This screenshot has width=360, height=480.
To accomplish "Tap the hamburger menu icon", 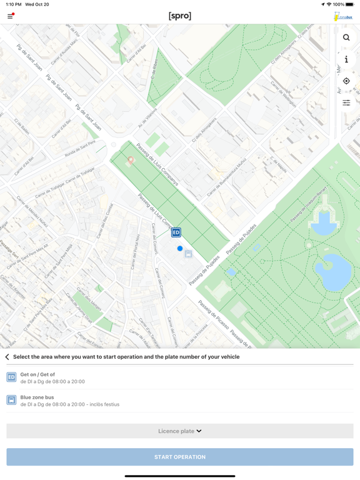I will click(x=10, y=16).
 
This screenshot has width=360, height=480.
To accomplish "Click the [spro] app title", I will click(x=180, y=16).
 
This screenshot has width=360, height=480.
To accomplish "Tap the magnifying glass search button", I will click(x=346, y=37).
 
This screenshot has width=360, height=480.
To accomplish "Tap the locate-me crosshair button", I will click(x=346, y=81).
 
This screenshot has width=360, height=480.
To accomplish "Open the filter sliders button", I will click(x=346, y=102).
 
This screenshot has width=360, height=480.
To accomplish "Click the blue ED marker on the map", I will click(x=176, y=232).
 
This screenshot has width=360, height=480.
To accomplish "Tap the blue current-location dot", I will click(x=180, y=249).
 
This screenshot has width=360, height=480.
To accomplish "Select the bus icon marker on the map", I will click(x=188, y=254).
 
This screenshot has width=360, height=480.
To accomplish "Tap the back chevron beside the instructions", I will click(x=7, y=357).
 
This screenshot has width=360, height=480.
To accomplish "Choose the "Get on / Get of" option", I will click(x=37, y=377).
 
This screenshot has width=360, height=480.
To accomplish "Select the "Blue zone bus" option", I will click(x=37, y=401).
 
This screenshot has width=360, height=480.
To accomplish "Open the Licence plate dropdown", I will click(x=180, y=431).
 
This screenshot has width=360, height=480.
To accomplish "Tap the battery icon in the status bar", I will click(x=350, y=4).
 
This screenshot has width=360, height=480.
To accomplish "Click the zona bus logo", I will click(x=343, y=17).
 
